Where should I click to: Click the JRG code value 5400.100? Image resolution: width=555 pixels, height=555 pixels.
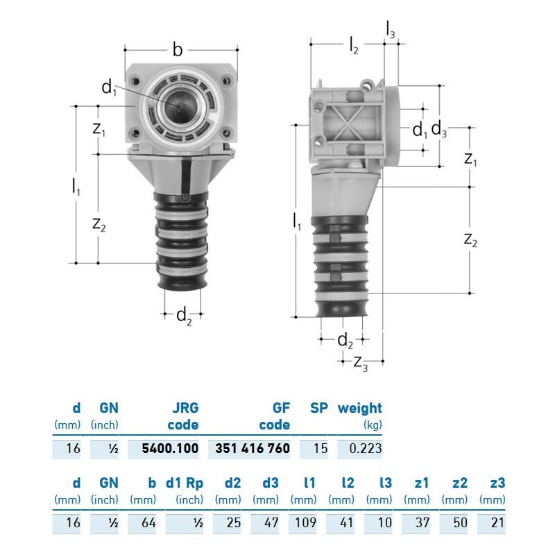[x=170, y=448]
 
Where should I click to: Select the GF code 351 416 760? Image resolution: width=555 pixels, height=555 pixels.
[x=253, y=448]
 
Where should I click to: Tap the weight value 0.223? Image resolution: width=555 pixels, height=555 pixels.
[x=366, y=448]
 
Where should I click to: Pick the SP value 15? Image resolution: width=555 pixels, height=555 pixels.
[x=321, y=448]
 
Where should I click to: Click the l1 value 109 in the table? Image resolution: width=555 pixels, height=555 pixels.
[x=305, y=522]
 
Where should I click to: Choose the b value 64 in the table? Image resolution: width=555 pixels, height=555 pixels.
[x=148, y=522]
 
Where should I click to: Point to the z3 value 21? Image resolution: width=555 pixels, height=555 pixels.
[x=497, y=522]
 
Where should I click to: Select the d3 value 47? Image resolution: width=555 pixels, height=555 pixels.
[x=271, y=522]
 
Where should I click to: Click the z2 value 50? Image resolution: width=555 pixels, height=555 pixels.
[x=460, y=522]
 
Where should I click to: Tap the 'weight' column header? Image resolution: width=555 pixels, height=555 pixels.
[x=359, y=408]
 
